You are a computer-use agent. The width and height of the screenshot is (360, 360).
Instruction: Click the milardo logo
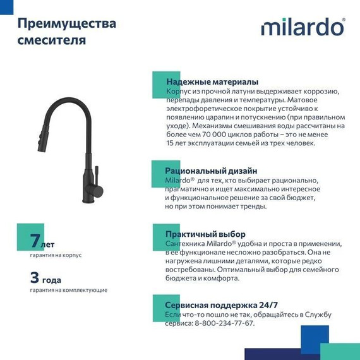point(303,27)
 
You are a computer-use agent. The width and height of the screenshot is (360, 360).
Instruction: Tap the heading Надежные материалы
point(211,82)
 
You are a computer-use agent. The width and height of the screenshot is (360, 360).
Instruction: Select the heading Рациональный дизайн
point(211,171)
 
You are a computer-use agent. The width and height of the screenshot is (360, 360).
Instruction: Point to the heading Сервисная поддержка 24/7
point(220,304)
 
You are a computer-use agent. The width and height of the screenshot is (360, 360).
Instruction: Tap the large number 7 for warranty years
point(35,241)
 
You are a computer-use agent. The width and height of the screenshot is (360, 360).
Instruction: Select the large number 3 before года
point(35,277)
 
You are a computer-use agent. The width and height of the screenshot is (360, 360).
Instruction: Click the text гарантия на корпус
point(56,256)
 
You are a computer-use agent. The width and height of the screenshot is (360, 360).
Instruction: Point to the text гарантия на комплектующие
point(68,290)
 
